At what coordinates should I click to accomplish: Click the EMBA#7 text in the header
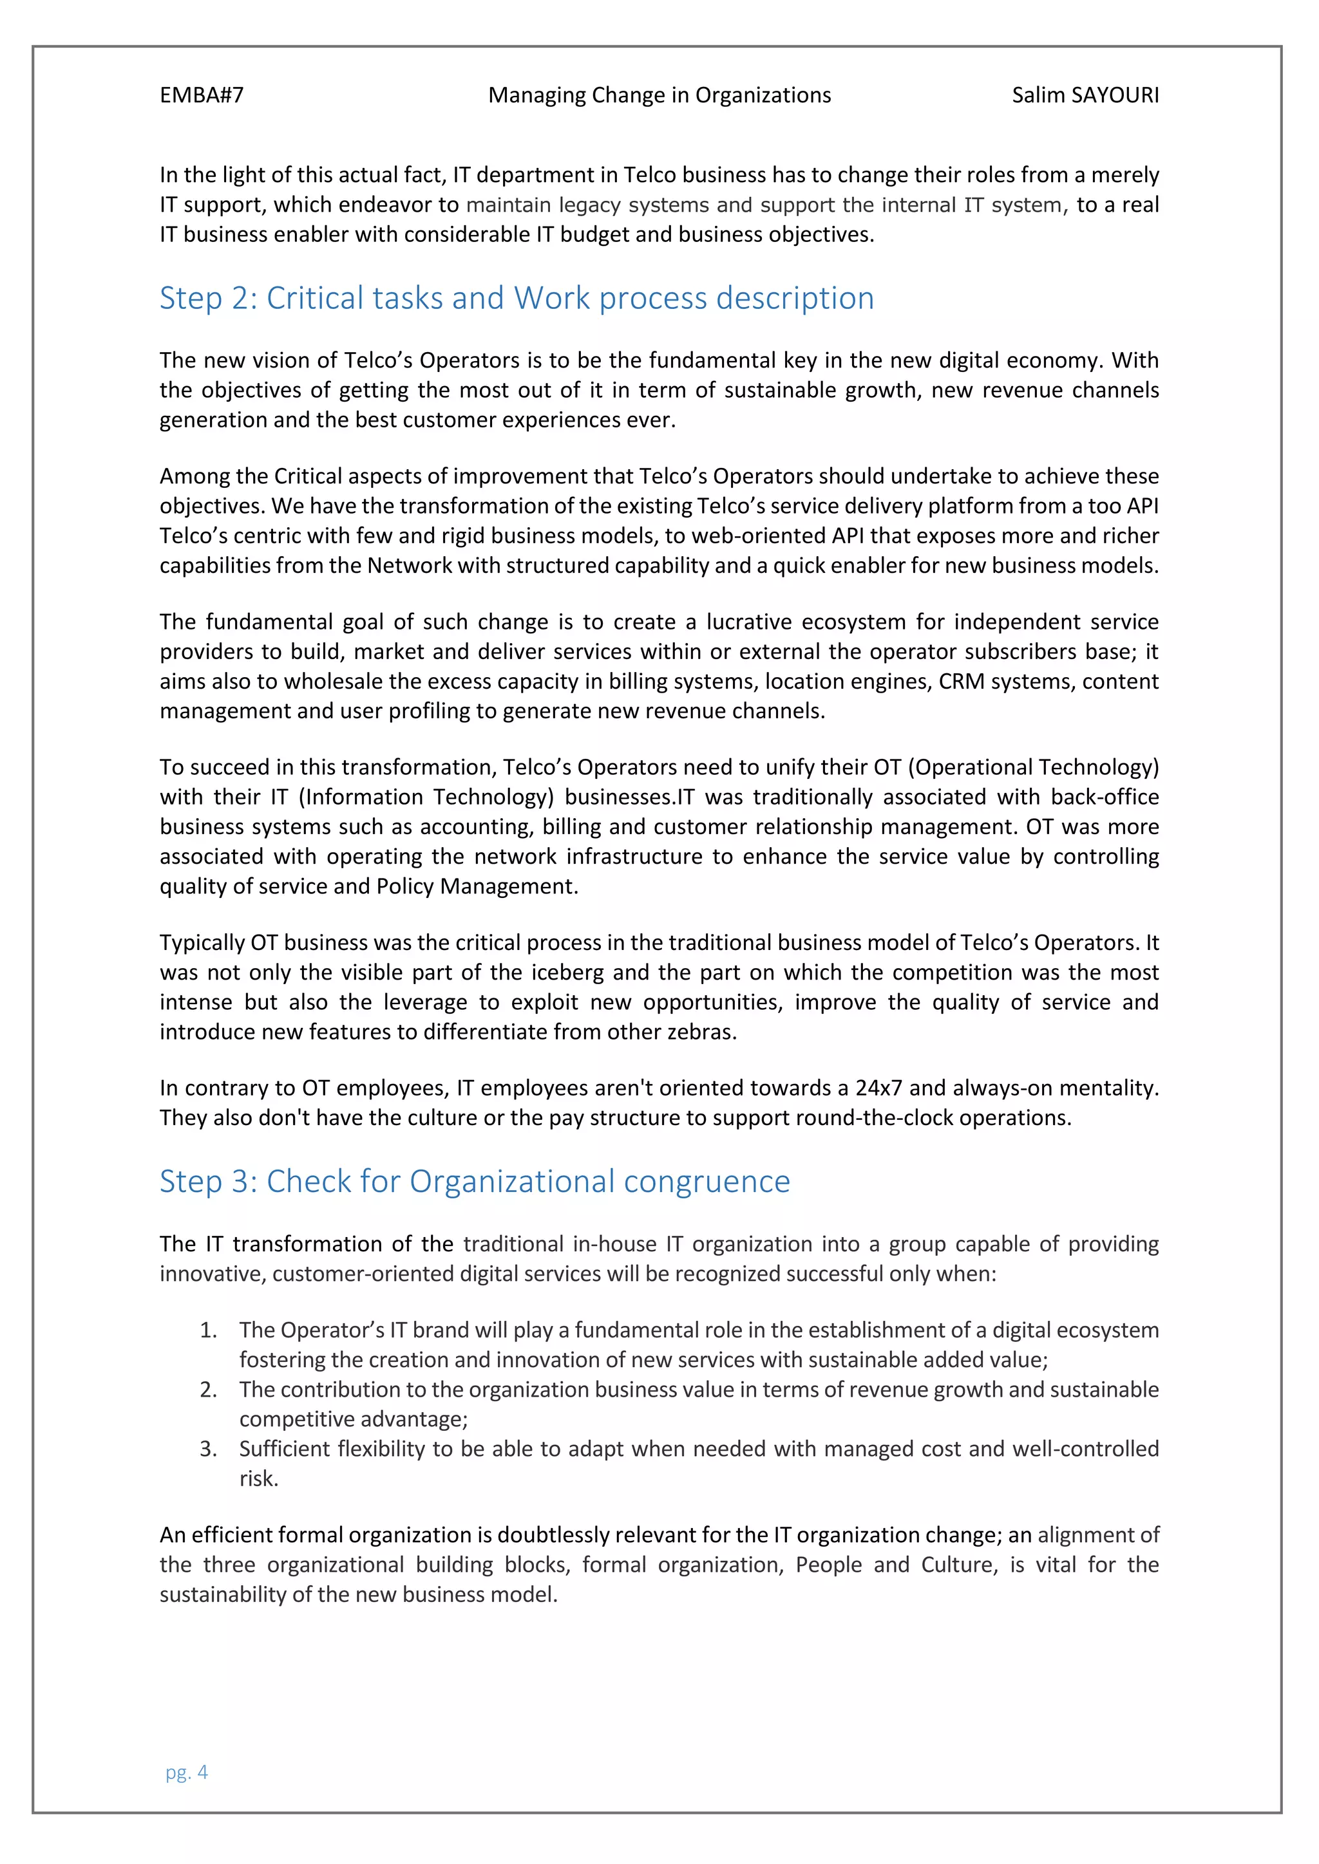point(202,96)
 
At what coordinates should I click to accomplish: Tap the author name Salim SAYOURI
point(1085,96)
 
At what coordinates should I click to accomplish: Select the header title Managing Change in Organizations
point(659,96)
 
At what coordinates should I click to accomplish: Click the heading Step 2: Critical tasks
point(517,298)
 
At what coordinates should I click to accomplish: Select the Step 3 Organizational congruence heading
point(474,1181)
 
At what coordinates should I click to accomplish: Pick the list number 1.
point(208,1330)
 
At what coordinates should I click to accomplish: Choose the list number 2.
point(208,1390)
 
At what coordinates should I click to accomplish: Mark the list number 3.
point(208,1449)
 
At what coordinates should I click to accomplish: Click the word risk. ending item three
point(258,1479)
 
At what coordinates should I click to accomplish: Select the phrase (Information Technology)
point(426,797)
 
